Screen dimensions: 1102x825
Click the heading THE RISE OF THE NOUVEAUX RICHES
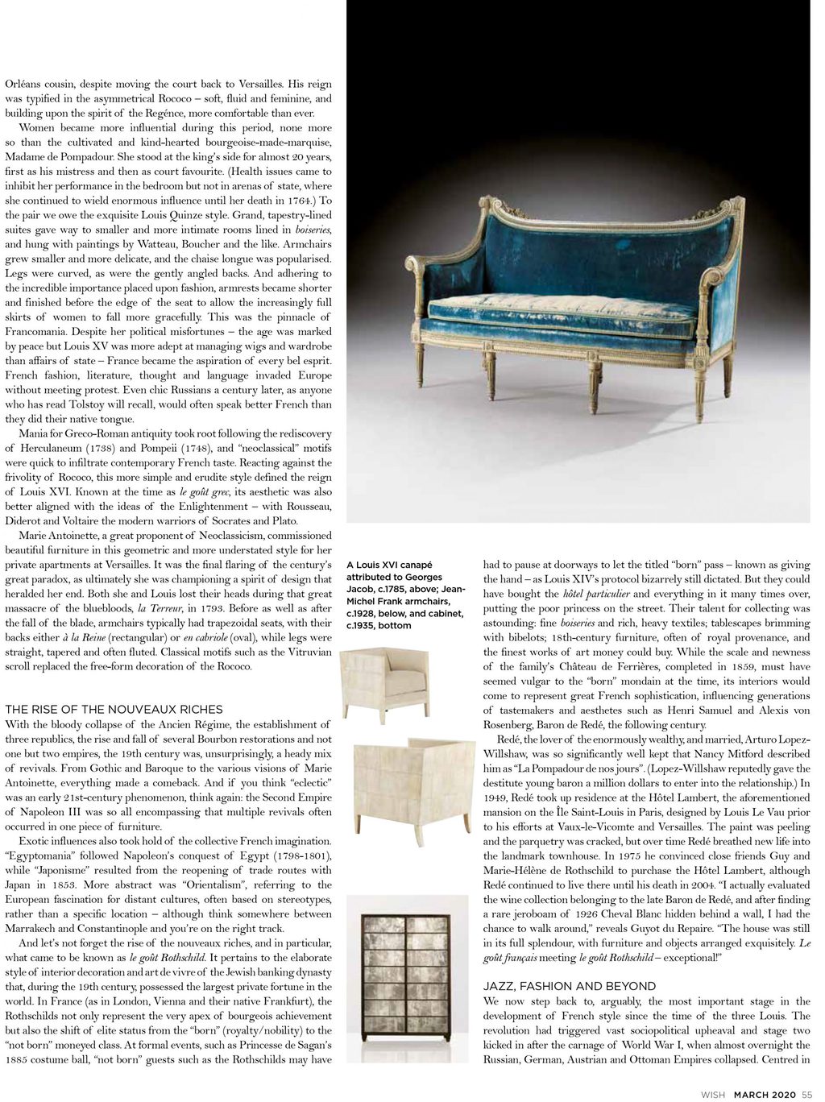coord(114,709)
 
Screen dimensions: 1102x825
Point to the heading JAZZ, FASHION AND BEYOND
coord(569,986)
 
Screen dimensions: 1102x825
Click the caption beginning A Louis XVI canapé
coord(406,594)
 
